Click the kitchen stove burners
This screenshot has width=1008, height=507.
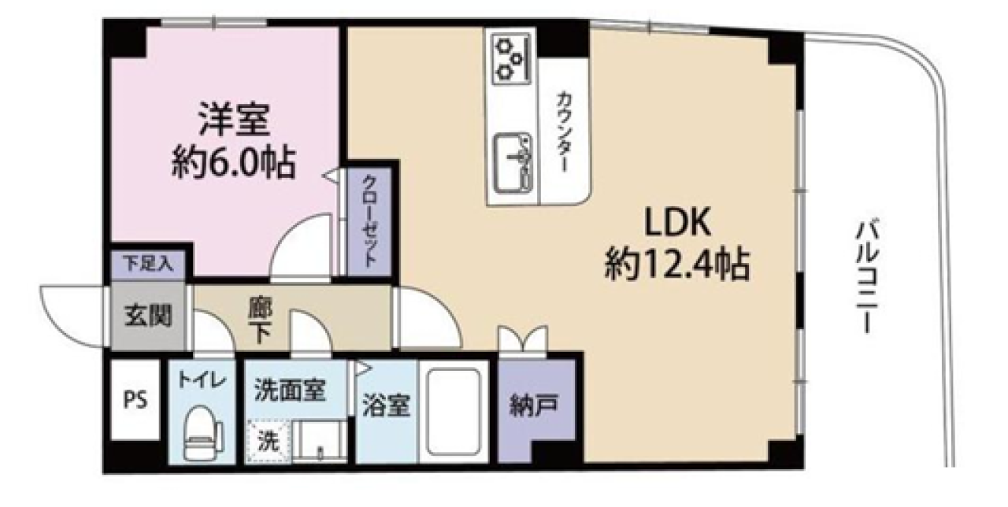tap(508, 57)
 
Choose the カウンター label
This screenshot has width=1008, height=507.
tap(565, 132)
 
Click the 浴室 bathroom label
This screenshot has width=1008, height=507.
tap(386, 406)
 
